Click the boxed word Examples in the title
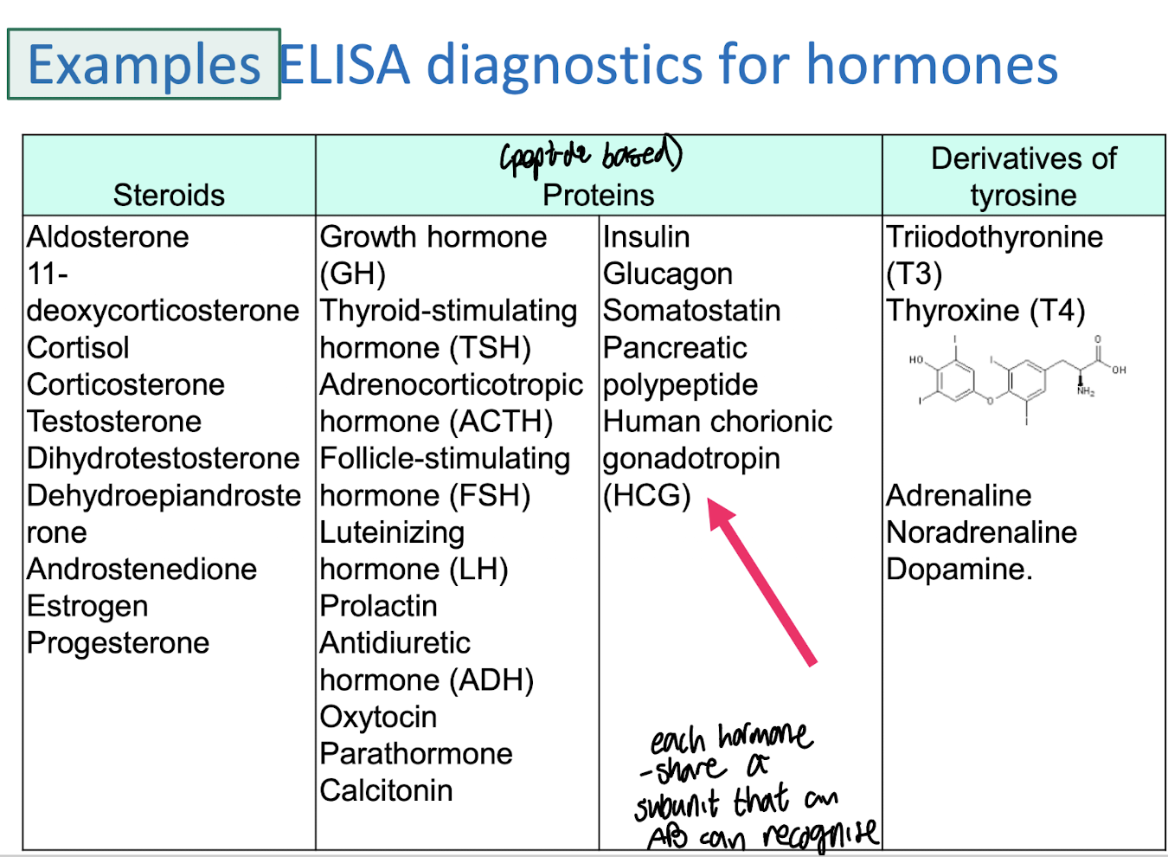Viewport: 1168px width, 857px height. [144, 65]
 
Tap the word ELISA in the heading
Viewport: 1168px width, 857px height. [344, 65]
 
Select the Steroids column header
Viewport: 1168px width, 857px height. [169, 195]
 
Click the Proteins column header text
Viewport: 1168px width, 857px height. [598, 195]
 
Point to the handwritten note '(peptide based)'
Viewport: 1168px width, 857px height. [591, 156]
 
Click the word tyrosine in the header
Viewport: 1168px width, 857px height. [1023, 195]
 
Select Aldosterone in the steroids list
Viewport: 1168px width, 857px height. [107, 236]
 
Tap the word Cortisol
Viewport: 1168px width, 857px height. [78, 347]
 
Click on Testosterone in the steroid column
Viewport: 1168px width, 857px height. [114, 422]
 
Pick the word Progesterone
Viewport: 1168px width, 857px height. [118, 643]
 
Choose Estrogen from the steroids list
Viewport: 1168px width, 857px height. [87, 606]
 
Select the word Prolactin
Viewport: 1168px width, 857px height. [378, 606]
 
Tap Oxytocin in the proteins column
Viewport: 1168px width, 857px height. [378, 717]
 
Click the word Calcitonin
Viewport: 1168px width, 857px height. [386, 790]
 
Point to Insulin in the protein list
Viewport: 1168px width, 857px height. [646, 236]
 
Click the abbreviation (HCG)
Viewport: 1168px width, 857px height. [647, 495]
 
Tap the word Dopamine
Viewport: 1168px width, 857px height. [959, 569]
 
